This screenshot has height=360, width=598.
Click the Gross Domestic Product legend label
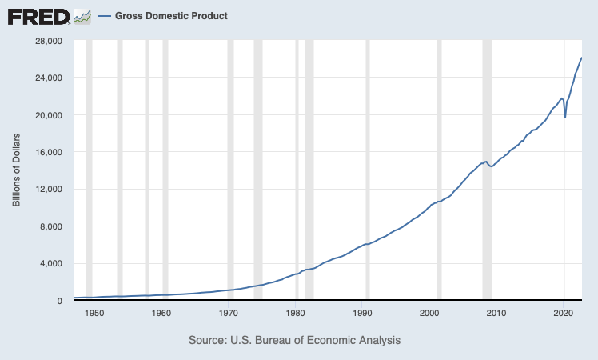(x=171, y=16)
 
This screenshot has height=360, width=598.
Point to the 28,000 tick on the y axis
(x=50, y=41)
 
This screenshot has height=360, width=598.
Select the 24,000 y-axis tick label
(x=50, y=78)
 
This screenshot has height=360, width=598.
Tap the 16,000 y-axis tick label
(x=50, y=152)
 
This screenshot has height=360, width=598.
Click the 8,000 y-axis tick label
(x=53, y=226)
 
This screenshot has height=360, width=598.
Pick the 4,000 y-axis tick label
(x=53, y=263)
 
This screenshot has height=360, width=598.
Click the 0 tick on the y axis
(x=62, y=301)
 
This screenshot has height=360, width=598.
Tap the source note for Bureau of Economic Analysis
(x=294, y=341)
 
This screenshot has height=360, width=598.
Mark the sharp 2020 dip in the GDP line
(x=565, y=116)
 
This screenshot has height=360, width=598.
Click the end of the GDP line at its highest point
(x=581, y=58)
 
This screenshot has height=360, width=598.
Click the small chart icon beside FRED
(x=82, y=16)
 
